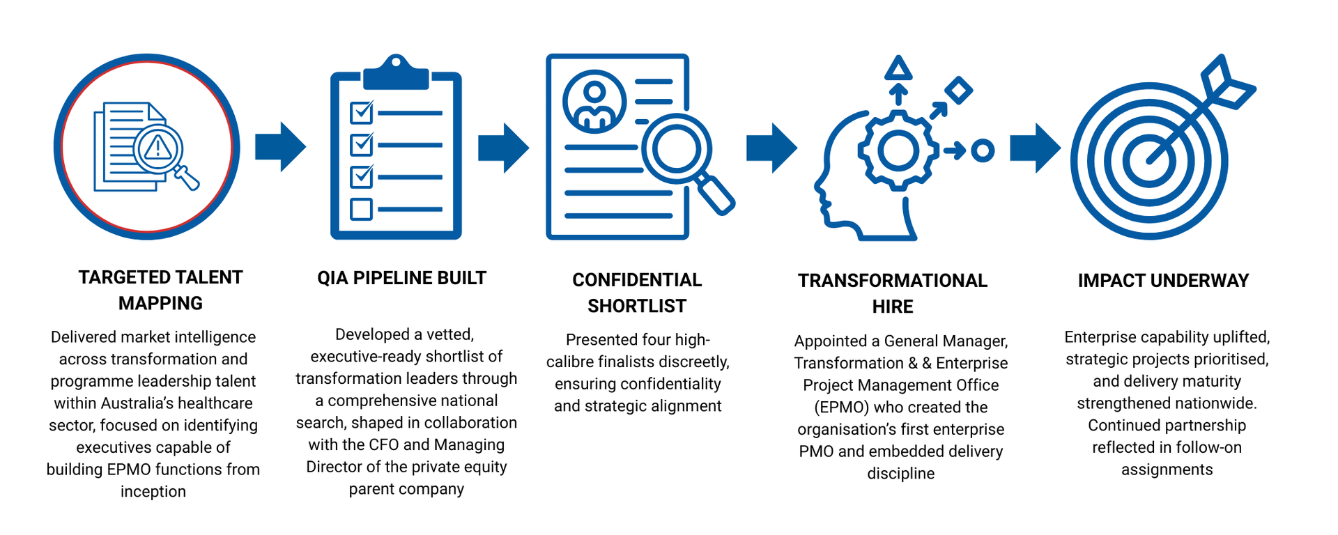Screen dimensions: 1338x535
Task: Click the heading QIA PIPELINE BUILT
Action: (x=401, y=278)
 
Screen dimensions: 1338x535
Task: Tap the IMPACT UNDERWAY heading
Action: (x=1163, y=281)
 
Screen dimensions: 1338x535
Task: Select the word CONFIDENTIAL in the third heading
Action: (x=637, y=280)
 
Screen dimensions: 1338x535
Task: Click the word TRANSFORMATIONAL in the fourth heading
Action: (x=893, y=281)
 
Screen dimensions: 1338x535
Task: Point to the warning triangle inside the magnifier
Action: (x=158, y=148)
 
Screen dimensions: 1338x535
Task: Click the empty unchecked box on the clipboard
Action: (x=361, y=209)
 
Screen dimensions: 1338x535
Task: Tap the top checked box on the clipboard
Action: (x=362, y=111)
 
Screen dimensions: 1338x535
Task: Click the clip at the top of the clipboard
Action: (x=396, y=72)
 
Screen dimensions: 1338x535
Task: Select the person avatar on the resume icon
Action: (x=594, y=102)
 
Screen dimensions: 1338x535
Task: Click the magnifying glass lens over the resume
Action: (x=677, y=148)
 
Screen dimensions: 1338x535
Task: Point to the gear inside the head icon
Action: (x=898, y=150)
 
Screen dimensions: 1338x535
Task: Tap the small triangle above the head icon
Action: (x=898, y=68)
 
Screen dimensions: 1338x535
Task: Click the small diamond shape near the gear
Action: (x=958, y=91)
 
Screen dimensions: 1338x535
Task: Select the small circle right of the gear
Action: (x=983, y=150)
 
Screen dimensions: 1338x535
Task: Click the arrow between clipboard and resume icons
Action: (x=503, y=148)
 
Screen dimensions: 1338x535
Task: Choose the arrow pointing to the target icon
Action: (x=1035, y=148)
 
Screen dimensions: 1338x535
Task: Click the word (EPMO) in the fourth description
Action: (x=842, y=408)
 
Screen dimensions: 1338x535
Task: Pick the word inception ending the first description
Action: (x=153, y=492)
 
